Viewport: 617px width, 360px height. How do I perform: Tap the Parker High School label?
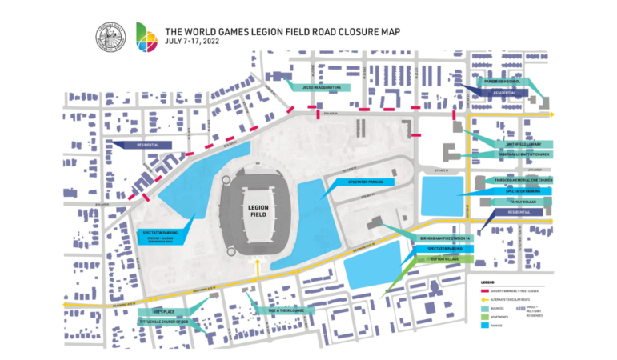coord(501,82)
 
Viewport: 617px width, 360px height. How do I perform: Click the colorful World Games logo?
coord(147,38)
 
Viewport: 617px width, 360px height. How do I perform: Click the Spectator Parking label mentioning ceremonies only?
coord(159,236)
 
